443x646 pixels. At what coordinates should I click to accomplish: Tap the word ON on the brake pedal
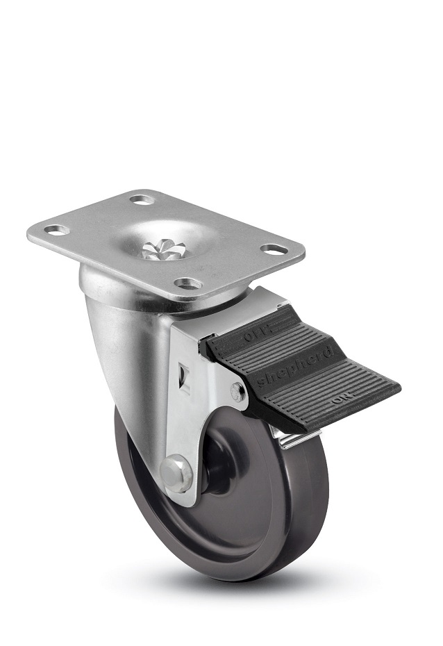[341, 401]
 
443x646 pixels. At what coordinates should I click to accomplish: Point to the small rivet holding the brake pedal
[238, 393]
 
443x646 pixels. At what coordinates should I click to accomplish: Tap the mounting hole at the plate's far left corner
[57, 229]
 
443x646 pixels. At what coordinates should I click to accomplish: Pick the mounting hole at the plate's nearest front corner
[187, 283]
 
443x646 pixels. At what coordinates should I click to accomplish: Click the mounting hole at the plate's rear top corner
[141, 200]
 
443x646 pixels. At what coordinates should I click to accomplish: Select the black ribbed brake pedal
[306, 375]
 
